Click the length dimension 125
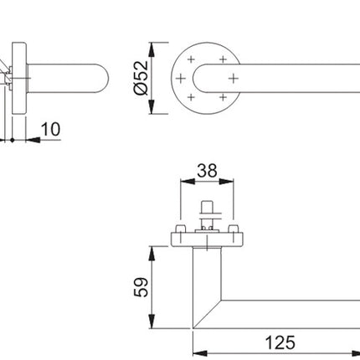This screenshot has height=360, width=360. click(280, 342)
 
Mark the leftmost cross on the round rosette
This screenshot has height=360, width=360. click(181, 79)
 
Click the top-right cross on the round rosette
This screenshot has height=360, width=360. click(222, 59)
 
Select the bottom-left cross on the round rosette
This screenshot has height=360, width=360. click(192, 97)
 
